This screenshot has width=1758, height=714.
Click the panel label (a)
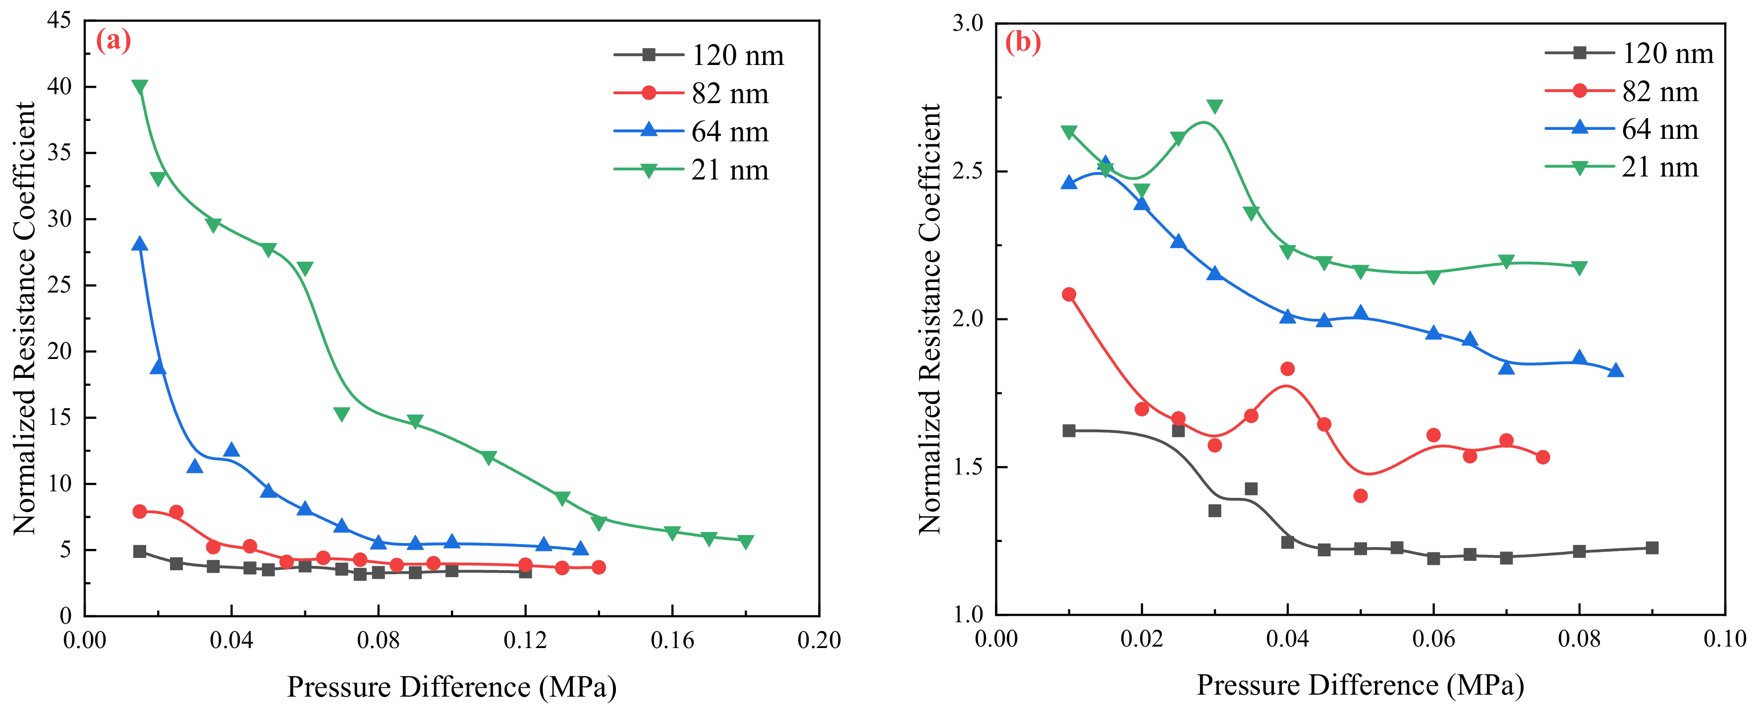click(x=113, y=41)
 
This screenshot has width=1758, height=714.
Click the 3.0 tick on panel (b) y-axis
click(x=968, y=23)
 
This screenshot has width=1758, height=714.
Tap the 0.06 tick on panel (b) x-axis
click(x=1432, y=639)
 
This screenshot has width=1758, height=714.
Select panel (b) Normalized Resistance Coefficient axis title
click(x=930, y=319)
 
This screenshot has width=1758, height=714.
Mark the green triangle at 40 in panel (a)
click(x=139, y=87)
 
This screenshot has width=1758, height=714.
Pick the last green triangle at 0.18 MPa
click(x=745, y=542)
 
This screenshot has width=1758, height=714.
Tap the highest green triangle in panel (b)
click(x=1214, y=107)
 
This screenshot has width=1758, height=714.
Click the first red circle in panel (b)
click(x=1069, y=294)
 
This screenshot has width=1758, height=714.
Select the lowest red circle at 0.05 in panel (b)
click(x=1360, y=495)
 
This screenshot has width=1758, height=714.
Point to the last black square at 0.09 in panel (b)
click(x=1651, y=547)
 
